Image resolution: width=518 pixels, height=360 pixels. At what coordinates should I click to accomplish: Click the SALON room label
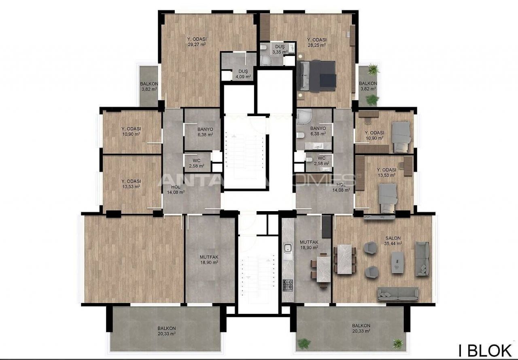coord(393,238)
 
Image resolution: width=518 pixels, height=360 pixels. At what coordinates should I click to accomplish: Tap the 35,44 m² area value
coord(393,244)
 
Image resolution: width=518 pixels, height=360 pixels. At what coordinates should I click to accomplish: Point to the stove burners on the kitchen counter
coord(288,285)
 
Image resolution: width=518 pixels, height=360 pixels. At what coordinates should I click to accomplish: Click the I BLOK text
coord(485,351)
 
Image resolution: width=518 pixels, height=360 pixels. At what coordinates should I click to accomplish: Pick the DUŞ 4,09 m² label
coord(243,74)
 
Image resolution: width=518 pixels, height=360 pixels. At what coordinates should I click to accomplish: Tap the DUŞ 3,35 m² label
coord(280,49)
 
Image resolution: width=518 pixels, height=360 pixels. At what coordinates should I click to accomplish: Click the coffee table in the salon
coord(398,262)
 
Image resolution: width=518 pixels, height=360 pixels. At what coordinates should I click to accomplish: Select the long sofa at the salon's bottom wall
coord(398,294)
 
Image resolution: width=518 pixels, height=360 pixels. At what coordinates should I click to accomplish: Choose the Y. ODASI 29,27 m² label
coord(197,42)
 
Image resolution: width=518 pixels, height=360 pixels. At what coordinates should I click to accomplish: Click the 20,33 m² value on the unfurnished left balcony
coord(166,334)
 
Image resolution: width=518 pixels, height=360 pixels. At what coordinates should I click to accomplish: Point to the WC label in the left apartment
coord(197,160)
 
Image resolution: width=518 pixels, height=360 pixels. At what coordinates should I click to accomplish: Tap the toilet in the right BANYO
coord(300,136)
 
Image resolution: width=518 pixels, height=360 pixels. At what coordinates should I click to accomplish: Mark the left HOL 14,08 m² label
coord(176,189)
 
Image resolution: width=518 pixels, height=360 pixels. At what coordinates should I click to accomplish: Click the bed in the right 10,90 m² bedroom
coord(401,137)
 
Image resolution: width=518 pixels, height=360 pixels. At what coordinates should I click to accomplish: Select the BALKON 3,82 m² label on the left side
coord(149,87)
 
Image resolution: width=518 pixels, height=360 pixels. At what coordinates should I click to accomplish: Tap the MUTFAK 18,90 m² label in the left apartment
coord(209,260)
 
